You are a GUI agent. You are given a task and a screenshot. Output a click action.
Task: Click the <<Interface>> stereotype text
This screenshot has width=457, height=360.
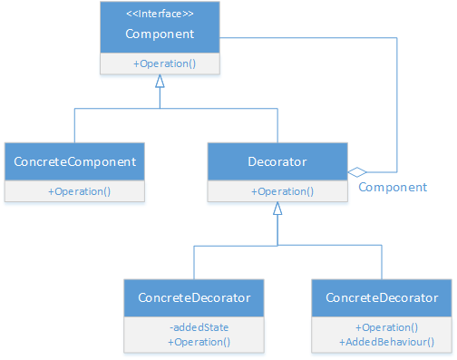coord(160,14)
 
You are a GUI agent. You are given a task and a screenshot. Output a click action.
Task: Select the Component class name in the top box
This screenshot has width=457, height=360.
coord(160,34)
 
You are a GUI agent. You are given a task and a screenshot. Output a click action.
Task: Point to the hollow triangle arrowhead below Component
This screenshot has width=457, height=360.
coord(160,82)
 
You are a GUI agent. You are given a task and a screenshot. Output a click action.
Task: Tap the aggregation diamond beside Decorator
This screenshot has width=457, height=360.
coord(358,171)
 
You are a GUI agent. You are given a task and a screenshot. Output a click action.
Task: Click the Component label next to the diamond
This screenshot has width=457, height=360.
coord(393,187)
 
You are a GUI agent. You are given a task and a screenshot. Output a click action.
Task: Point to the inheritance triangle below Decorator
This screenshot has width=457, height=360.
coord(277,209)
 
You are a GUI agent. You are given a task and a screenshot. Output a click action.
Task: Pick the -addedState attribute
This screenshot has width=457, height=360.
coord(198,326)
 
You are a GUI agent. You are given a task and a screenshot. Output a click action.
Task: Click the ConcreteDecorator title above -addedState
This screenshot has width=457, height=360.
coord(194,298)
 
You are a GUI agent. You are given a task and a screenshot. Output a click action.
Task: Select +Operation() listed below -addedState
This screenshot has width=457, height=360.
coord(199,342)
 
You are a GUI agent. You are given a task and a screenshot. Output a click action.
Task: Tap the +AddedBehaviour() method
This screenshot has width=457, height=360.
coord(387,342)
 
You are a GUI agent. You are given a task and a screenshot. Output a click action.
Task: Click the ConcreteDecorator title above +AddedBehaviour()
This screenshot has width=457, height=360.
coord(382,298)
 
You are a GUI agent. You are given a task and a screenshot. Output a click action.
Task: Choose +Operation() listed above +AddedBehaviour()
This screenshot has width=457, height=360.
coord(387,326)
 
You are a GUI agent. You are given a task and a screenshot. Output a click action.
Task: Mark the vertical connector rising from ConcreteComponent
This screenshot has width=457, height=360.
coord(74,125)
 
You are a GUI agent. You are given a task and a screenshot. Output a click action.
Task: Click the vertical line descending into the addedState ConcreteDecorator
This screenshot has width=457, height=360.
coord(194,263)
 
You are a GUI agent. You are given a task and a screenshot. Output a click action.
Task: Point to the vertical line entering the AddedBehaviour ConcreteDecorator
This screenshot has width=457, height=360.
coord(383,263)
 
